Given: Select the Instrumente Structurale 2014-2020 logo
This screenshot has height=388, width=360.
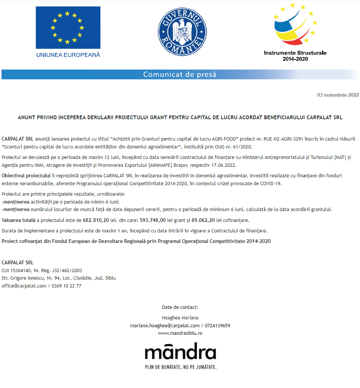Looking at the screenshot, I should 295,32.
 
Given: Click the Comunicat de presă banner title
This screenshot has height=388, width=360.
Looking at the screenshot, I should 180,74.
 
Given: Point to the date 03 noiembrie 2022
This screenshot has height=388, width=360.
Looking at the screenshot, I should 338,95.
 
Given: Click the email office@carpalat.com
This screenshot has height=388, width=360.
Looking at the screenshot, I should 24,286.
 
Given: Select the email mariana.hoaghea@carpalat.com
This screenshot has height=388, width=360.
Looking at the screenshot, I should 165,325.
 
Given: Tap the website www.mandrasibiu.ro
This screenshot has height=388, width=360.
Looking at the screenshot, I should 180,333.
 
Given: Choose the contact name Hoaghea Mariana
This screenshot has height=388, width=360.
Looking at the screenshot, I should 180,318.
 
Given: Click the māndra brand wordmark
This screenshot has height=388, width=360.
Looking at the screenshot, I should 180,353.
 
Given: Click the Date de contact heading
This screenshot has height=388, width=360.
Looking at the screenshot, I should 180,307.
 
